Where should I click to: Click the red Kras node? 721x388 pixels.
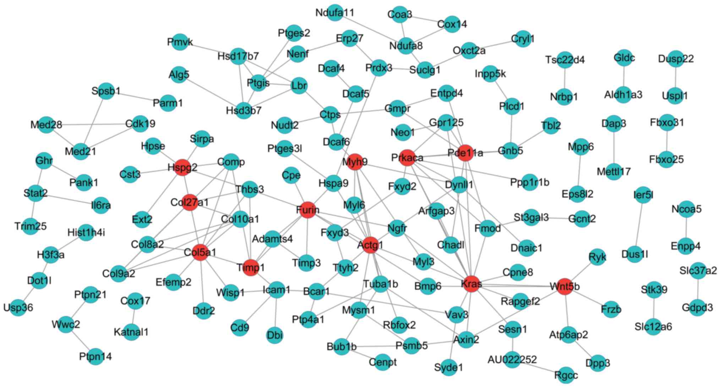click(472, 284)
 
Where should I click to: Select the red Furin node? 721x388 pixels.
click(308, 210)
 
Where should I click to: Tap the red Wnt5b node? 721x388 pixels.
click(564, 286)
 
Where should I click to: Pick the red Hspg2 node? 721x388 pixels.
click(182, 167)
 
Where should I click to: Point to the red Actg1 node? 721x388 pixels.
click(370, 245)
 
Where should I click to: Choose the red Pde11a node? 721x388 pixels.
click(465, 153)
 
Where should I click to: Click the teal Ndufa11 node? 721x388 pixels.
click(335, 13)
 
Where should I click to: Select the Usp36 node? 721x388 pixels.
click(18, 307)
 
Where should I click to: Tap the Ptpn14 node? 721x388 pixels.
click(95, 356)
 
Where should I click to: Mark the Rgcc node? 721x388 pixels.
click(566, 375)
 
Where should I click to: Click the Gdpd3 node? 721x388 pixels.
click(697, 307)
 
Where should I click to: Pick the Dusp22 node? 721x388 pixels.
click(676, 59)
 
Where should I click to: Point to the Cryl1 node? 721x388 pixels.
click(523, 39)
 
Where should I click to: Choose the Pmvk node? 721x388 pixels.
click(180, 42)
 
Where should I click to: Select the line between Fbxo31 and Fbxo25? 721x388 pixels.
click(667, 141)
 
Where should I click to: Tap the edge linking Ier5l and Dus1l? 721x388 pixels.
click(639, 225)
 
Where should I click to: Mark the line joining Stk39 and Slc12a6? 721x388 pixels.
click(654, 308)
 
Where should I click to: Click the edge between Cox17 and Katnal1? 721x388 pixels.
click(134, 316)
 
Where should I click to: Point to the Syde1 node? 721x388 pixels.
click(449, 367)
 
